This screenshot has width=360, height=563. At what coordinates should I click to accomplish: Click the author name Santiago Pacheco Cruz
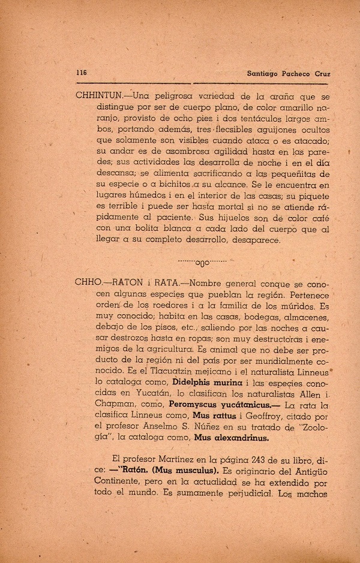click(289, 73)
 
